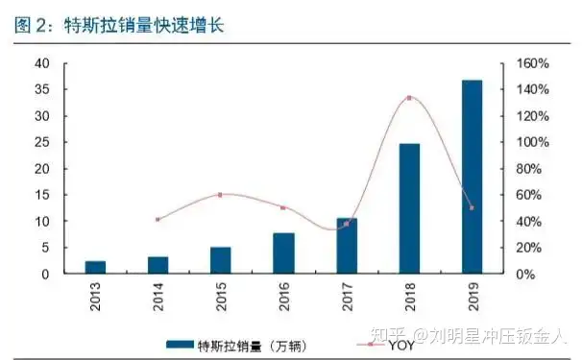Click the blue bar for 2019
tap(473, 177)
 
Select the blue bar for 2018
tap(409, 208)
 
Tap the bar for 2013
tap(95, 267)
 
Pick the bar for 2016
tap(284, 253)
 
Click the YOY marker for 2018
tap(409, 98)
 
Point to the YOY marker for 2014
tap(158, 219)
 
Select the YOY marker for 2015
tap(220, 195)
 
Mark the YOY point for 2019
tap(472, 207)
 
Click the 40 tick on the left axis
tap(42, 63)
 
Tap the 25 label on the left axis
tap(42, 142)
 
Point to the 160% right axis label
tap(533, 63)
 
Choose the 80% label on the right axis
tap(529, 169)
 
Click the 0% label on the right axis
tap(525, 275)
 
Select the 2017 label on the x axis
tap(348, 297)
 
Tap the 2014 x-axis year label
tap(158, 297)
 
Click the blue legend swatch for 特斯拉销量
tap(180, 345)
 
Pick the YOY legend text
tap(401, 346)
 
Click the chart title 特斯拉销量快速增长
tap(144, 25)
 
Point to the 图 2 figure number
tap(31, 25)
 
